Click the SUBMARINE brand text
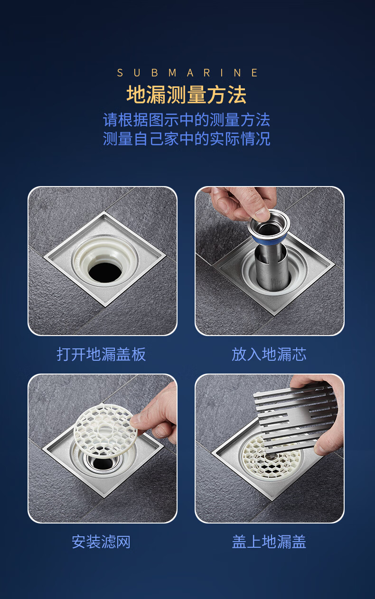187,73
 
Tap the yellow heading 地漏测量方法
187,94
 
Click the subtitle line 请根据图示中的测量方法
187,120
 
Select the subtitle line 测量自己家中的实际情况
187,139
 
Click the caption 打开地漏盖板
101,354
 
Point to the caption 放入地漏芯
269,354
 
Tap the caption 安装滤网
101,542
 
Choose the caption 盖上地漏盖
269,542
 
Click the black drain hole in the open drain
105,272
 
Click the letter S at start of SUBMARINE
120,73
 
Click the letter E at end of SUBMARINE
254,73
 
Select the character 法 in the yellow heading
237,94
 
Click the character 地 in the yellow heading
136,94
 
